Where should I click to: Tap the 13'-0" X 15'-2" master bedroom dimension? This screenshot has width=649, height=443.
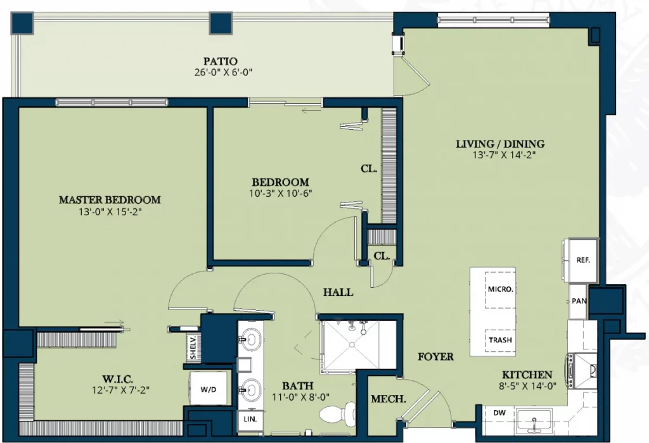click(x=110, y=212)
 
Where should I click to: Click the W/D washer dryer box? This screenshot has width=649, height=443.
click(x=209, y=389)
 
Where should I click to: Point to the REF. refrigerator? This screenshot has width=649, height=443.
click(x=583, y=260)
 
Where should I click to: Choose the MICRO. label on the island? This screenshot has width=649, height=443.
click(x=501, y=289)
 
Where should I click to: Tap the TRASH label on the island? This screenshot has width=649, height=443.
click(x=501, y=340)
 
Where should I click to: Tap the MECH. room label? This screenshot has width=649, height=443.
click(x=389, y=399)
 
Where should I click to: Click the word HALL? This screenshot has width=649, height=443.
click(x=338, y=292)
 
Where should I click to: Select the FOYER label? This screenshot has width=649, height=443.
click(x=435, y=357)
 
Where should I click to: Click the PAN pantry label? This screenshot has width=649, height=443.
click(x=579, y=301)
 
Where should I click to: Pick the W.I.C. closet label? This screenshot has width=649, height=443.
click(x=117, y=379)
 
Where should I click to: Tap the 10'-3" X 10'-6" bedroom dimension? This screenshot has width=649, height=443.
click(x=280, y=193)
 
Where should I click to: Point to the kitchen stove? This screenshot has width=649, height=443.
click(x=582, y=370)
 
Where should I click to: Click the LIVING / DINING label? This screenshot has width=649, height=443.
click(x=500, y=144)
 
